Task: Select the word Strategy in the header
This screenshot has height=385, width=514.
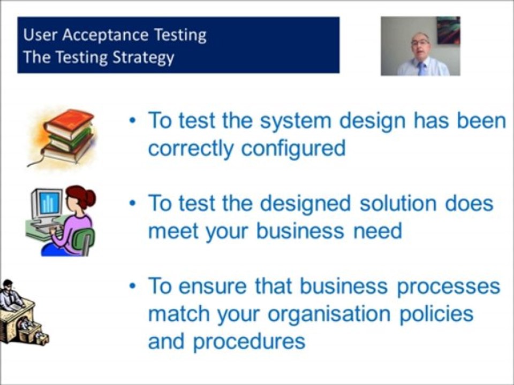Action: pyautogui.click(x=143, y=57)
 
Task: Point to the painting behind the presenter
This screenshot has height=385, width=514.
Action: pyautogui.click(x=448, y=30)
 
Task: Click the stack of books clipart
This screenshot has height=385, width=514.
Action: pyautogui.click(x=64, y=136)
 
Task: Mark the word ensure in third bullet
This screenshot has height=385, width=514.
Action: pyautogui.click(x=213, y=286)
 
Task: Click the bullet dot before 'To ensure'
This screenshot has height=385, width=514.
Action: pyautogui.click(x=133, y=286)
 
